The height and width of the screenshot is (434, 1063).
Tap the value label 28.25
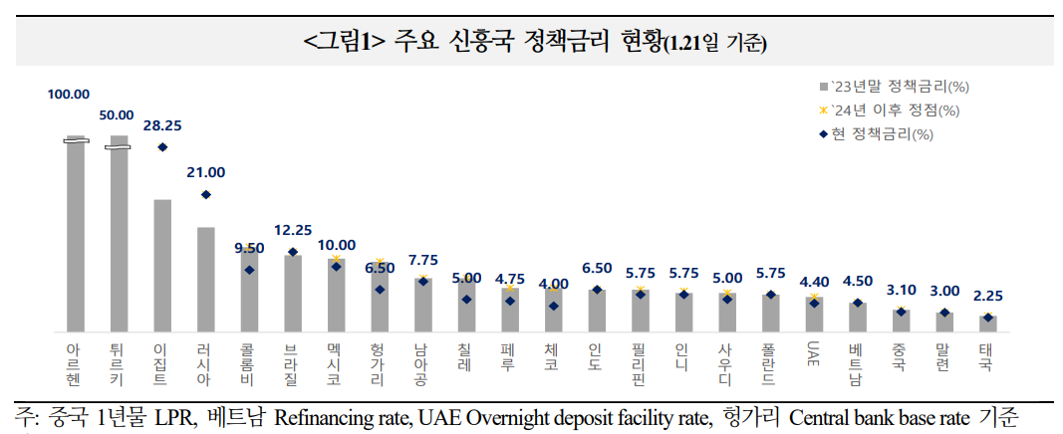pos(161,126)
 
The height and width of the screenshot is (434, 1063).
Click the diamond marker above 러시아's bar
pos(205,195)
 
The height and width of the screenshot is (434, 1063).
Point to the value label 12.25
pos(292,229)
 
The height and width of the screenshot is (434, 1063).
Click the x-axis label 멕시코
pos(335,364)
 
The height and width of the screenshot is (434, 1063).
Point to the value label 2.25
pos(986,296)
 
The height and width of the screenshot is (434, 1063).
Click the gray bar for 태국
pos(986,324)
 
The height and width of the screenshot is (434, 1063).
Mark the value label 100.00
pos(69,95)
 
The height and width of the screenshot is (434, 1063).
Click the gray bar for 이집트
pos(162,265)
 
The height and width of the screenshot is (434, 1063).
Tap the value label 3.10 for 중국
pos(900,290)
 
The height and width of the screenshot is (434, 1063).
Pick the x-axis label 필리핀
pos(639,364)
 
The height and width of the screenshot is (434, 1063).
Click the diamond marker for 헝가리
pos(379,290)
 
